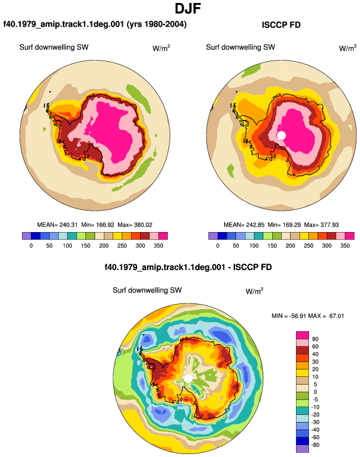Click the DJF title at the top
[188, 8]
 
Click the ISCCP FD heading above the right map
[281, 25]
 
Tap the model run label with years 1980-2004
[95, 24]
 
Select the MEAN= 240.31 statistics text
[57, 225]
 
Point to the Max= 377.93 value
[321, 225]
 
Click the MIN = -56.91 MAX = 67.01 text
[308, 316]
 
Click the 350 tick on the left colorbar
[158, 246]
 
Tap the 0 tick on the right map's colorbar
[218, 246]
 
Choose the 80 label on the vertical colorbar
[315, 339]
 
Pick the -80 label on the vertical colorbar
[314, 445]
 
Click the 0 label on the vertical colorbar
[315, 392]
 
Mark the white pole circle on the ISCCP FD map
[281, 135]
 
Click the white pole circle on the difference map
[188, 379]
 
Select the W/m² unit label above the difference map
[254, 291]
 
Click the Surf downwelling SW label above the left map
[54, 47]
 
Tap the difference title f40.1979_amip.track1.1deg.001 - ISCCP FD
[188, 267]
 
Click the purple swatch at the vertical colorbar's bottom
[302, 449]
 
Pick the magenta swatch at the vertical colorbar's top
[302, 335]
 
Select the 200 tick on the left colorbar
[104, 246]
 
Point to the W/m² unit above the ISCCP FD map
[348, 48]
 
